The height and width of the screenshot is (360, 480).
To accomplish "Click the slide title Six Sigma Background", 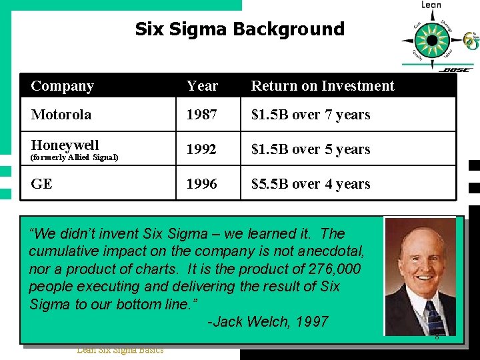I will tap(239, 29).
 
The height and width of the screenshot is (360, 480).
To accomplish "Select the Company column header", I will tap(62, 86).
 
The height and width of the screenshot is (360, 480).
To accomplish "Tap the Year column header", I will tap(202, 86).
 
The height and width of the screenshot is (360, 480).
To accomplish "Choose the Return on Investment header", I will tap(323, 86).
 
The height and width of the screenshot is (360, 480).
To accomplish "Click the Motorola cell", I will tap(61, 115).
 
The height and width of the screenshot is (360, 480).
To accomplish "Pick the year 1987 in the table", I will tap(201, 115).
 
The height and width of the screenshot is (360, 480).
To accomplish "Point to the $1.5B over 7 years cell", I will tap(311, 115).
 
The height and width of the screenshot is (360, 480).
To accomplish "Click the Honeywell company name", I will tap(65, 145).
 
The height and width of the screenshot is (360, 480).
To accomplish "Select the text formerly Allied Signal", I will tap(74, 157).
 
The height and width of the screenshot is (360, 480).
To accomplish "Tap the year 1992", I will tap(201, 149).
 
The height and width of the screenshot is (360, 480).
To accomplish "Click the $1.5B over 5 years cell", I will tap(311, 149).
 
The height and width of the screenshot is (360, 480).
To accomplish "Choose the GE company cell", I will tap(41, 184).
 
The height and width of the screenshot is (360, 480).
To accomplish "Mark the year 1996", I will tap(201, 184).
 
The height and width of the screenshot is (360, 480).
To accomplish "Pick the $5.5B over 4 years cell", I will tap(311, 184).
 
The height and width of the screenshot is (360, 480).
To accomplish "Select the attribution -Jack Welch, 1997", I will tap(268, 321).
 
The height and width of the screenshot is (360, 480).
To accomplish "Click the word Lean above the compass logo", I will tap(431, 5).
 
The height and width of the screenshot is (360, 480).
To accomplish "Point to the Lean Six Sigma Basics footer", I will tap(120, 349).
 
